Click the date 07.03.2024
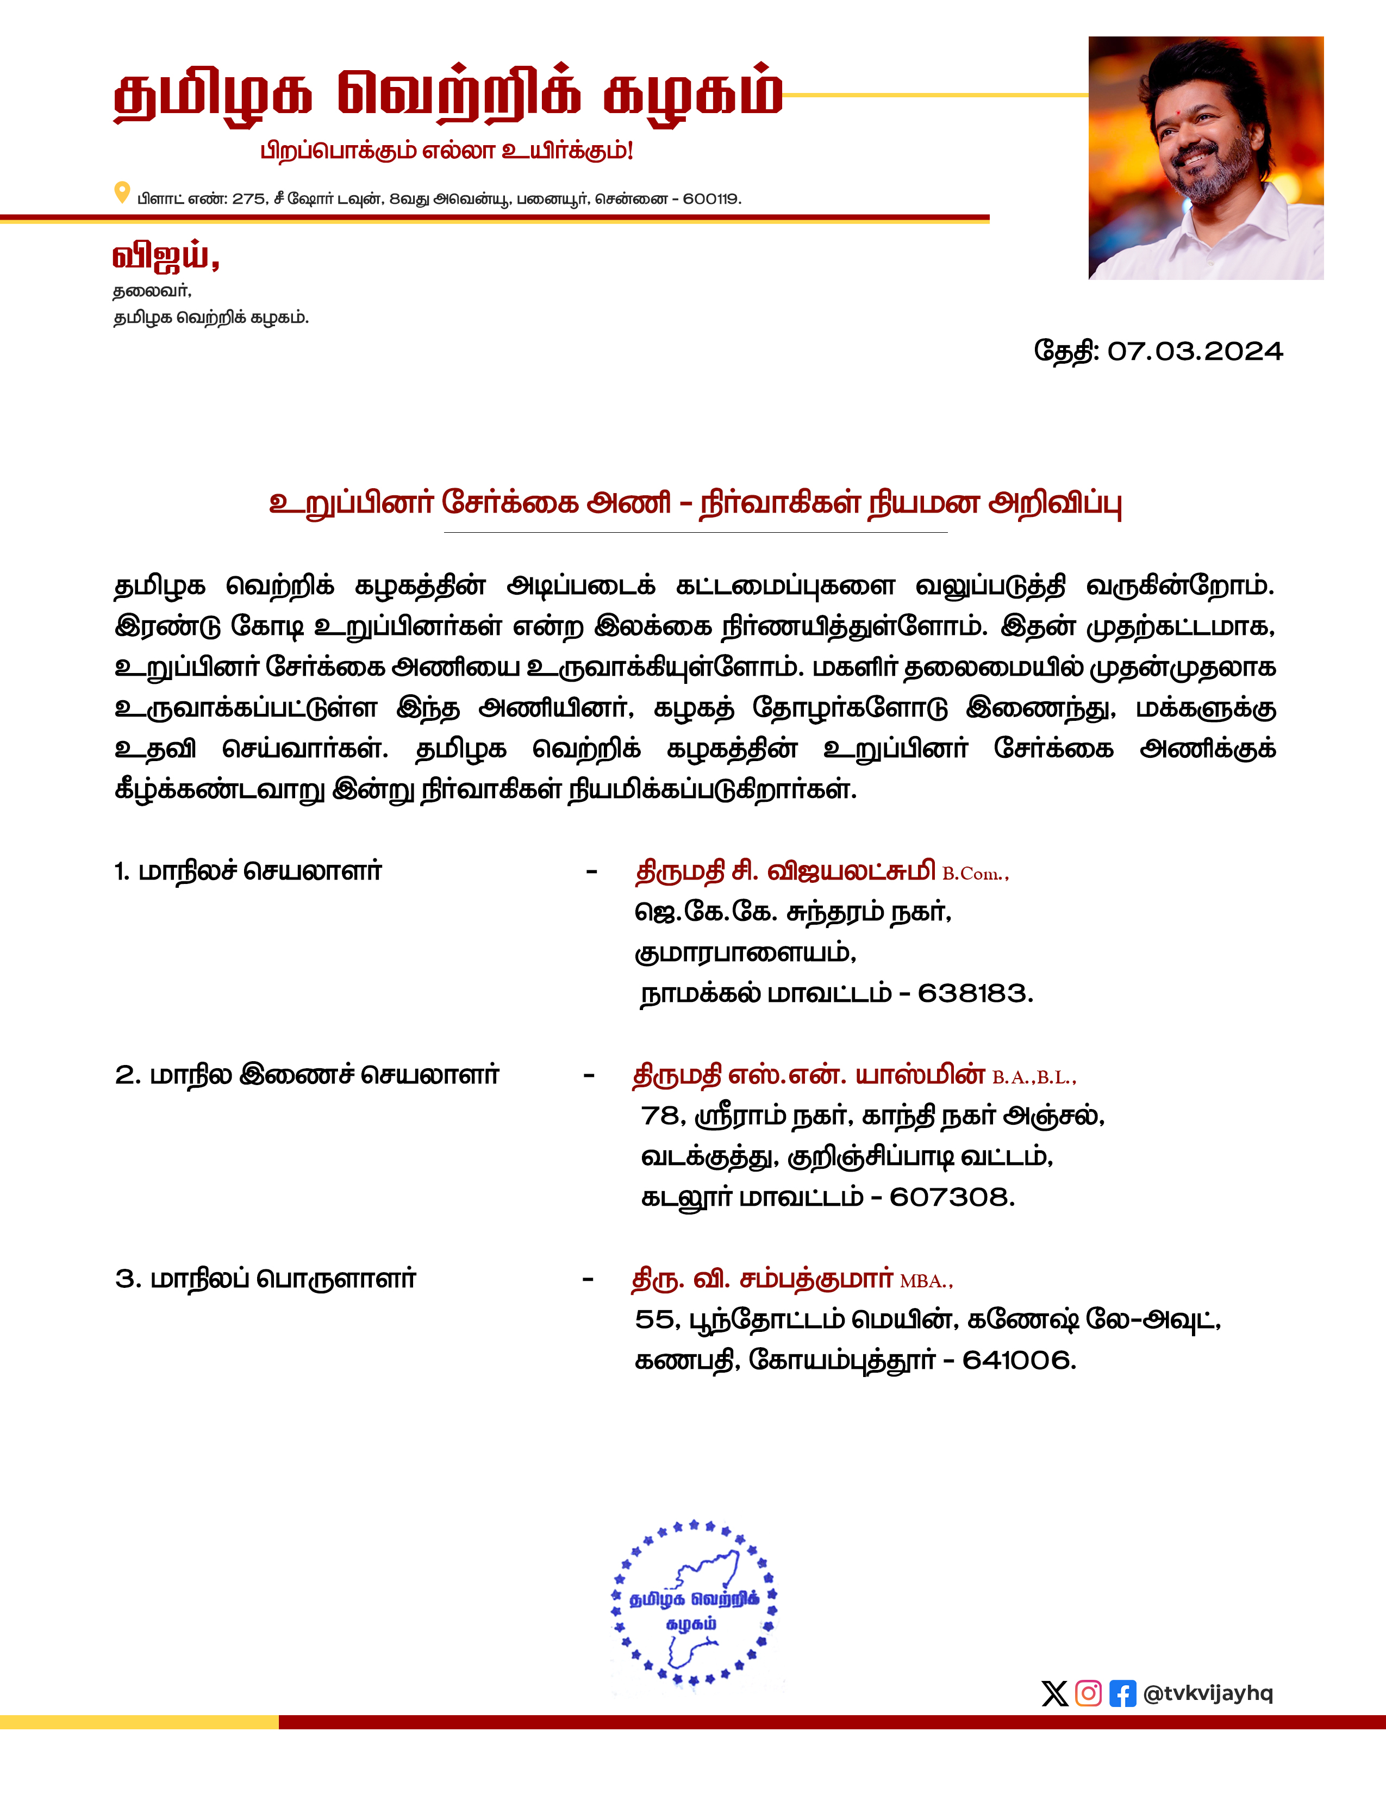tap(1195, 352)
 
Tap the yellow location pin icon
tap(122, 193)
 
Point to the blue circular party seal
tap(694, 1603)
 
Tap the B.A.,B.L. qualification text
tap(1033, 1077)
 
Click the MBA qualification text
tap(926, 1281)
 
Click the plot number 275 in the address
tap(249, 200)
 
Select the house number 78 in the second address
tap(659, 1116)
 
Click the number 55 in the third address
tap(653, 1320)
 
